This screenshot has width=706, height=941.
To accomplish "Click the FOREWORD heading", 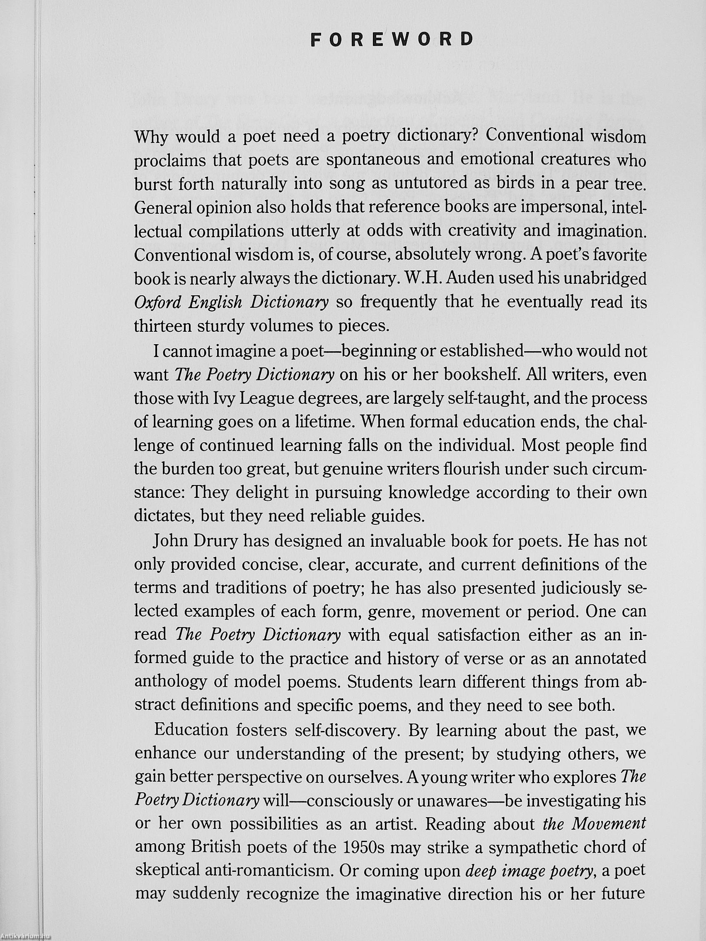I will (x=392, y=39).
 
